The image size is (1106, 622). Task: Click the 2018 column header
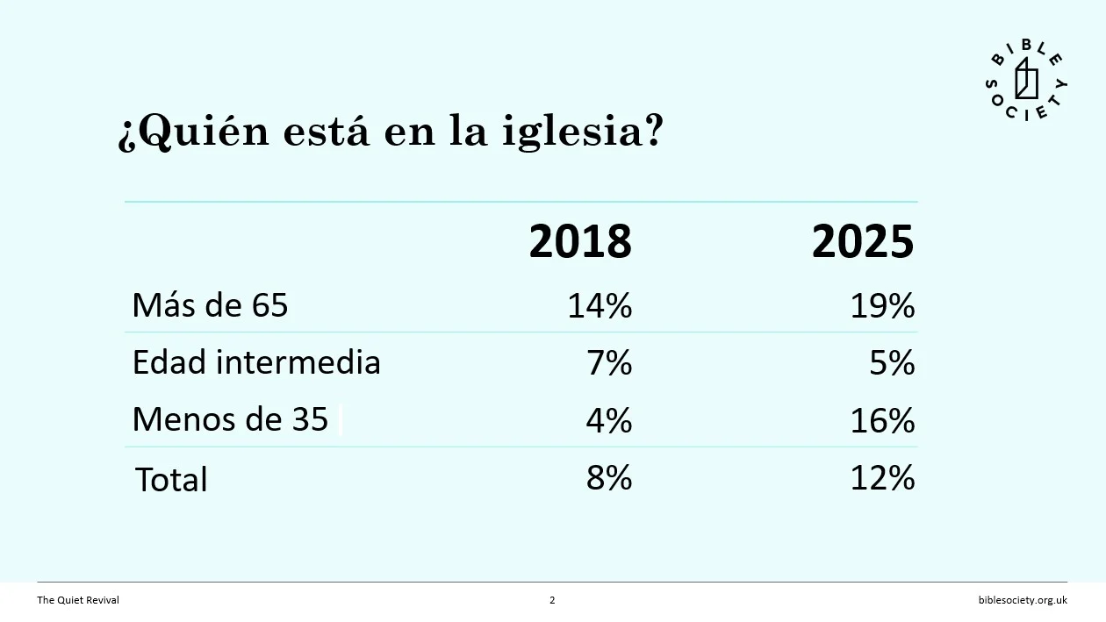tap(579, 241)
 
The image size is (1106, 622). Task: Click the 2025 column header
tap(862, 241)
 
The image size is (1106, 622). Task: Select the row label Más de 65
tap(210, 305)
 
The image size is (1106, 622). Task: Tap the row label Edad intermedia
tap(256, 362)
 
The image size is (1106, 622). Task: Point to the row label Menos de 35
tap(230, 419)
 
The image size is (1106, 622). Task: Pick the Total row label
tap(171, 480)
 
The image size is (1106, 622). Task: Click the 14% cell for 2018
tap(600, 305)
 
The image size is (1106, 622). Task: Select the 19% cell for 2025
tap(882, 305)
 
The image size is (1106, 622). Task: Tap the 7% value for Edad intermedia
tap(609, 362)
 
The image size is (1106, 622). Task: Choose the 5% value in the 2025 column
tap(892, 362)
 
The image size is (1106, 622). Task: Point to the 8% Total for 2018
tap(609, 478)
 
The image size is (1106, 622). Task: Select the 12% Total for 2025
tap(882, 478)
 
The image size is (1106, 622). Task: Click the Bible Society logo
tap(1026, 84)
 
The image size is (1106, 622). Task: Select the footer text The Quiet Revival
tap(78, 600)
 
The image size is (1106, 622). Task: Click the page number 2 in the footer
tap(552, 600)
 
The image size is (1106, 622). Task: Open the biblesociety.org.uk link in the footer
tap(1023, 600)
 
